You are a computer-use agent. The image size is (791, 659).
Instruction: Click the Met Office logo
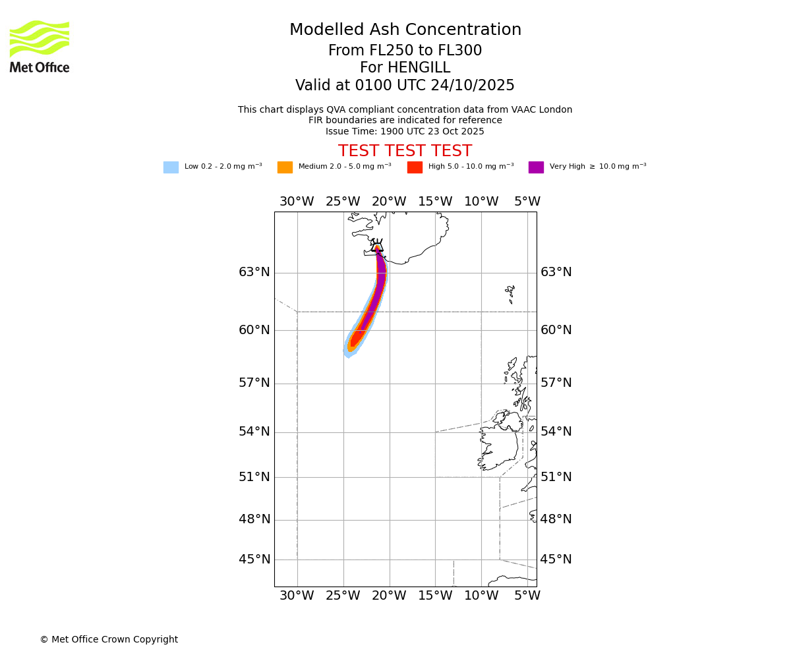coord(40,46)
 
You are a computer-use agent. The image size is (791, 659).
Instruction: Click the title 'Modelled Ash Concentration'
coord(405,30)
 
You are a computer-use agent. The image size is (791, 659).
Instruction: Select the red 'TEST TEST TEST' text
coord(405,151)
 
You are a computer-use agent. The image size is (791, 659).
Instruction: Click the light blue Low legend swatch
coord(171,167)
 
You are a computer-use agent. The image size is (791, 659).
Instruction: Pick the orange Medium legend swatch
coord(285,167)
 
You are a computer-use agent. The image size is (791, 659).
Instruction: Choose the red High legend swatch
coord(415,167)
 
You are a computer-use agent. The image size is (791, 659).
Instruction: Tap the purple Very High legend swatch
coord(536,167)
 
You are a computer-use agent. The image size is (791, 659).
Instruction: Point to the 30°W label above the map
coord(297,202)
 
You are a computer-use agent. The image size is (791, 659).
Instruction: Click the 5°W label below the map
coord(527,596)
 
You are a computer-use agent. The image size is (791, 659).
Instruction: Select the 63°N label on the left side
coord(254,272)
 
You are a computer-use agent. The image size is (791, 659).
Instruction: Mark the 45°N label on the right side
coord(556,559)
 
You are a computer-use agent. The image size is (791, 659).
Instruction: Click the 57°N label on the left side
coord(254,383)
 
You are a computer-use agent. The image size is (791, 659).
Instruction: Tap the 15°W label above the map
coord(435,202)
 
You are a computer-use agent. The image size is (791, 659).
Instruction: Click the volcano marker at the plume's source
coord(377,247)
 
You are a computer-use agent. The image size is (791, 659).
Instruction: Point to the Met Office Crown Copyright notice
coord(109,639)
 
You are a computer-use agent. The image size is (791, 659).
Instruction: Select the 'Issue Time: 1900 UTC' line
coord(405,131)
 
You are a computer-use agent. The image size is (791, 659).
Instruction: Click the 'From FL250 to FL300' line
coord(405,51)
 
